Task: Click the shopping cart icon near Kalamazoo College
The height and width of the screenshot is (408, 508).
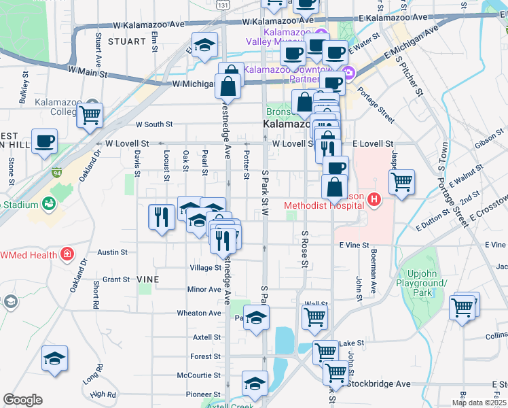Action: (x=89, y=116)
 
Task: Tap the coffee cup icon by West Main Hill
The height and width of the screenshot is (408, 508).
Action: (x=44, y=141)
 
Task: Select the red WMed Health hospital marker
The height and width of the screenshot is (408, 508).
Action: (x=67, y=255)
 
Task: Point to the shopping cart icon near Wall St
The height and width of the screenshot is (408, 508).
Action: (x=314, y=316)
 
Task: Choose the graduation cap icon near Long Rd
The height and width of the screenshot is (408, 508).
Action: (x=54, y=358)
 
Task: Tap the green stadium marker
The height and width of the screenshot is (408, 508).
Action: (x=48, y=203)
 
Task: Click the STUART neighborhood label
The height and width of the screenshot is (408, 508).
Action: (x=126, y=41)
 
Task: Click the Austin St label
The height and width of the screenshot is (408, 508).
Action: (x=113, y=252)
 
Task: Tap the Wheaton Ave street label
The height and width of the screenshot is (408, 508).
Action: (x=199, y=313)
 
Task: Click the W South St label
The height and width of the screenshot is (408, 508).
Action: (x=154, y=124)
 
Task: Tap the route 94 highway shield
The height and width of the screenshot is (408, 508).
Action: (x=56, y=173)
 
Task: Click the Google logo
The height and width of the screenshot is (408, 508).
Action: (x=22, y=399)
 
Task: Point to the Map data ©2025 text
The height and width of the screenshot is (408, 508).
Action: (x=479, y=403)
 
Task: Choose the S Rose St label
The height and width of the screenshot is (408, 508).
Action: (x=306, y=248)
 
